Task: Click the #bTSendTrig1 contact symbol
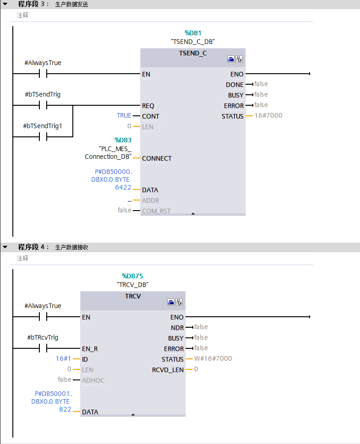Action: click(44, 136)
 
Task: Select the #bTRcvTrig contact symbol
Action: click(44, 349)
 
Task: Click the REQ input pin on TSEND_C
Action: click(148, 106)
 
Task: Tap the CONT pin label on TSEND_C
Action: click(151, 116)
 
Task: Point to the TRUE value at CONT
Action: click(124, 115)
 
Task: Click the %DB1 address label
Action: click(193, 33)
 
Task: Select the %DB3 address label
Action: click(123, 140)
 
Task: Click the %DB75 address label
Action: click(132, 276)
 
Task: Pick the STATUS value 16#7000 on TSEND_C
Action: click(268, 115)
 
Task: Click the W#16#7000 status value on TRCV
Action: click(213, 358)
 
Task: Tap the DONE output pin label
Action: click(235, 85)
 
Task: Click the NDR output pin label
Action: click(177, 328)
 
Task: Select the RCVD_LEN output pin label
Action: click(168, 370)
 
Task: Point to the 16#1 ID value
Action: click(63, 358)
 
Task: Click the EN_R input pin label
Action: click(90, 349)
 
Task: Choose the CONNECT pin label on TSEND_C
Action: click(157, 158)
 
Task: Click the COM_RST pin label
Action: click(157, 211)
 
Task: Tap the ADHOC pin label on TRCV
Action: click(93, 380)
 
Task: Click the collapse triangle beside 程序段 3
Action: click(5, 4)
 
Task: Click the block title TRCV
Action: click(133, 296)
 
